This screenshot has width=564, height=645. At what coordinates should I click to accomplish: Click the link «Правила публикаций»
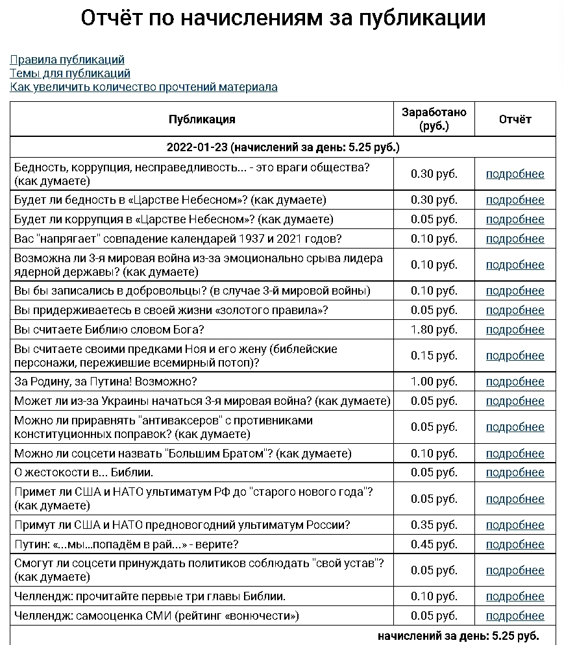[x=67, y=60]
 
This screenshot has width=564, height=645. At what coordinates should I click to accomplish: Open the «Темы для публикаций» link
[x=70, y=73]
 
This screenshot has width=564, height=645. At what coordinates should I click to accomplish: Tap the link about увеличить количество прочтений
[x=143, y=87]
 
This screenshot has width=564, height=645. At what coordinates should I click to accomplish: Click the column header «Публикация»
[x=202, y=119]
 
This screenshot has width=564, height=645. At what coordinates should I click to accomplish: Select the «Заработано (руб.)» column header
[x=434, y=119]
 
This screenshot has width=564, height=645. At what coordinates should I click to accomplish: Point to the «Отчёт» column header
[x=515, y=119]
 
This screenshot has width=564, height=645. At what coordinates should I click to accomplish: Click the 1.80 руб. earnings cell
[x=434, y=330]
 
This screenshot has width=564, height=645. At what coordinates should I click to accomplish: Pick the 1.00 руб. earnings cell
[x=434, y=382]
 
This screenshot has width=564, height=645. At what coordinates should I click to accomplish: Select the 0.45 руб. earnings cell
[x=434, y=544]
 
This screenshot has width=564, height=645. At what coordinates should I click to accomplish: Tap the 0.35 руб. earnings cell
[x=434, y=525]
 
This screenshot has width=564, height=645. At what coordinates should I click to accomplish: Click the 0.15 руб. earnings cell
[x=434, y=356]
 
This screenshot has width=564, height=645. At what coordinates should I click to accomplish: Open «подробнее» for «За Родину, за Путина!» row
[x=515, y=382]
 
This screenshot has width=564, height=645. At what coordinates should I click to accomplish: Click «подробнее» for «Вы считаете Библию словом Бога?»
[x=515, y=330]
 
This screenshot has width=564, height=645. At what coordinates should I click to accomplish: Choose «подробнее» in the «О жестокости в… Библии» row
[x=515, y=472]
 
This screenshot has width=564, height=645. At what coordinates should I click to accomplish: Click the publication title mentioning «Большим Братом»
[x=182, y=453]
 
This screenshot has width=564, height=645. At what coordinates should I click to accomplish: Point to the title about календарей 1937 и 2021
[x=178, y=239]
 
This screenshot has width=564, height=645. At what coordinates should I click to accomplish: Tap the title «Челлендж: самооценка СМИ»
[x=156, y=616]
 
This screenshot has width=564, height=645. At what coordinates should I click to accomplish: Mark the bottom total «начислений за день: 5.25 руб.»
[x=458, y=635]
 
